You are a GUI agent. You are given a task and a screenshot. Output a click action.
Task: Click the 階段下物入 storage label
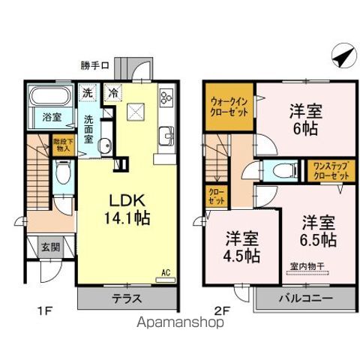[x=60, y=144]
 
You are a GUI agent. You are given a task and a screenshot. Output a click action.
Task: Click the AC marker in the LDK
[x=168, y=273]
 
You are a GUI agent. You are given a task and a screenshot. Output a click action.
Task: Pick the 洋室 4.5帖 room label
[x=242, y=247]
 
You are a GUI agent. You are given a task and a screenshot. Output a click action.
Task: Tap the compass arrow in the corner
[x=340, y=55]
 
